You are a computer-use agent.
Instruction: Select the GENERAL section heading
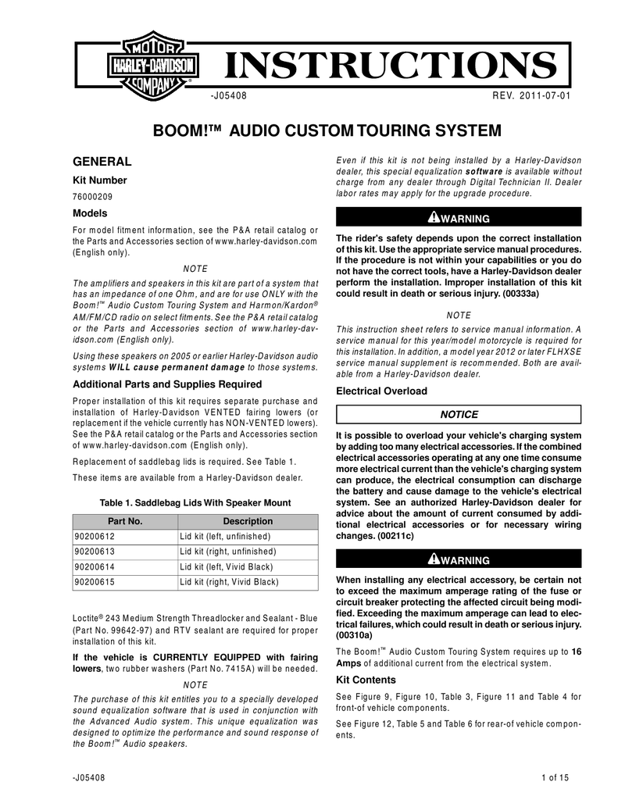pyautogui.click(x=102, y=162)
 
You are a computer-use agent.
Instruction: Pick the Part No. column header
pyautogui.click(x=125, y=521)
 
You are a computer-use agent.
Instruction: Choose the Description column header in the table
pyautogui.click(x=248, y=521)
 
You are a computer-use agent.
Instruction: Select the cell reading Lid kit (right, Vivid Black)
pyautogui.click(x=228, y=582)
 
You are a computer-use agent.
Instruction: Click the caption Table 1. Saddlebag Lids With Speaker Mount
pyautogui.click(x=195, y=502)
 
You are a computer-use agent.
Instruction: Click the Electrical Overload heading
pyautogui.click(x=381, y=391)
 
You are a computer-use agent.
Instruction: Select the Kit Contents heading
pyautogui.click(x=365, y=680)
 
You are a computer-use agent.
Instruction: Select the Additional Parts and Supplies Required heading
pyautogui.click(x=167, y=384)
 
